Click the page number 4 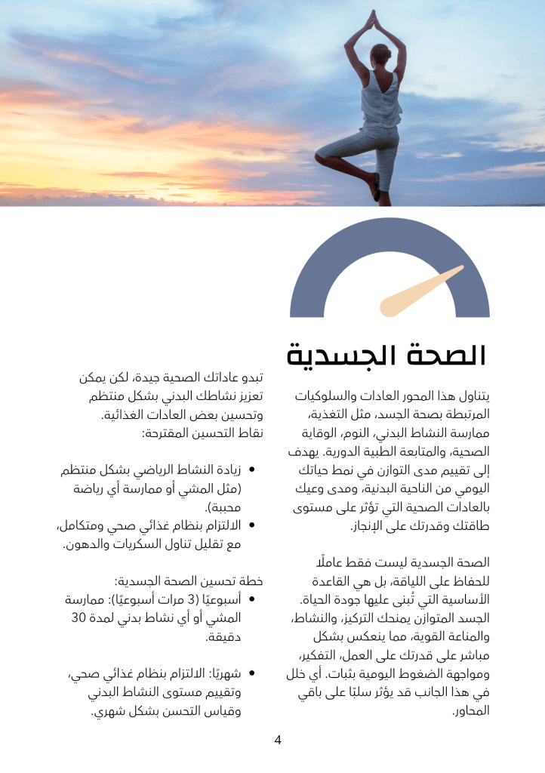coord(278,740)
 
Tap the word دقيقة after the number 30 coord(223,637)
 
